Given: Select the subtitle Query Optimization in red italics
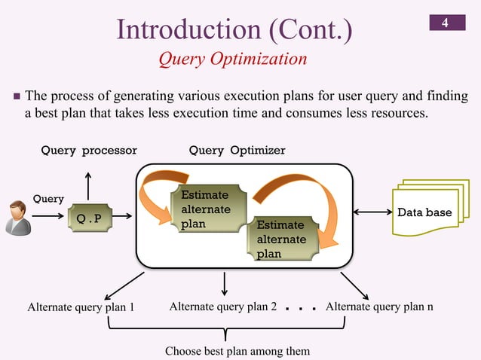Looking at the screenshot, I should [232, 59].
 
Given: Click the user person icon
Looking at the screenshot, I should [17, 217].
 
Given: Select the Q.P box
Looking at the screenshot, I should [88, 218].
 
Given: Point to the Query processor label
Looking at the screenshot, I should [89, 151].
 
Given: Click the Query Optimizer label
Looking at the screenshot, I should [237, 151].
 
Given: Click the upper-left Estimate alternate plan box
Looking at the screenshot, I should [205, 209].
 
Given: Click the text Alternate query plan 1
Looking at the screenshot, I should [81, 307].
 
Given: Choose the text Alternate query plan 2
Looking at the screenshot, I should [222, 307].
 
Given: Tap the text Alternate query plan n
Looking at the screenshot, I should [379, 307].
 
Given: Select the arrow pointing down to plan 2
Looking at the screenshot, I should [225, 282].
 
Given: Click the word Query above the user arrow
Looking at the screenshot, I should [47, 198].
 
